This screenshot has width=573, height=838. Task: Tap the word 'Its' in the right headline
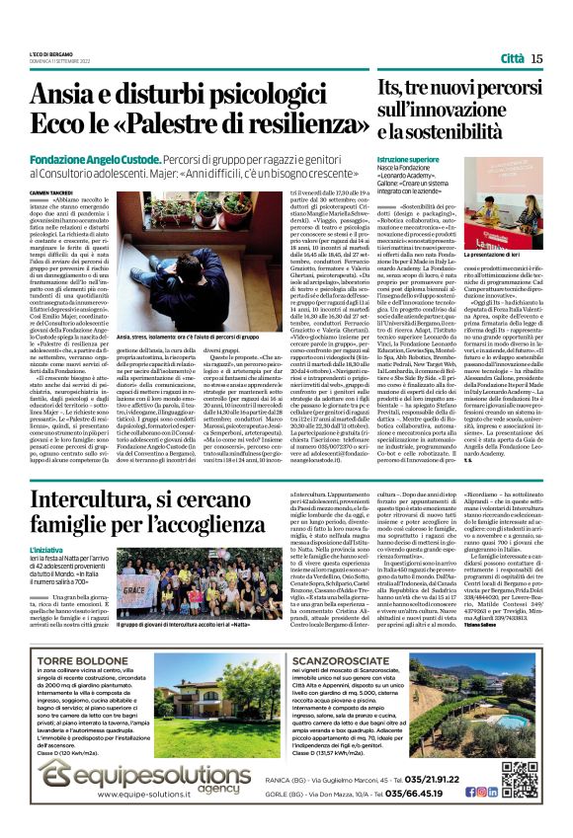[x=391, y=92]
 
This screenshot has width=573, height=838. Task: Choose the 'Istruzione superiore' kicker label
[x=408, y=159]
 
